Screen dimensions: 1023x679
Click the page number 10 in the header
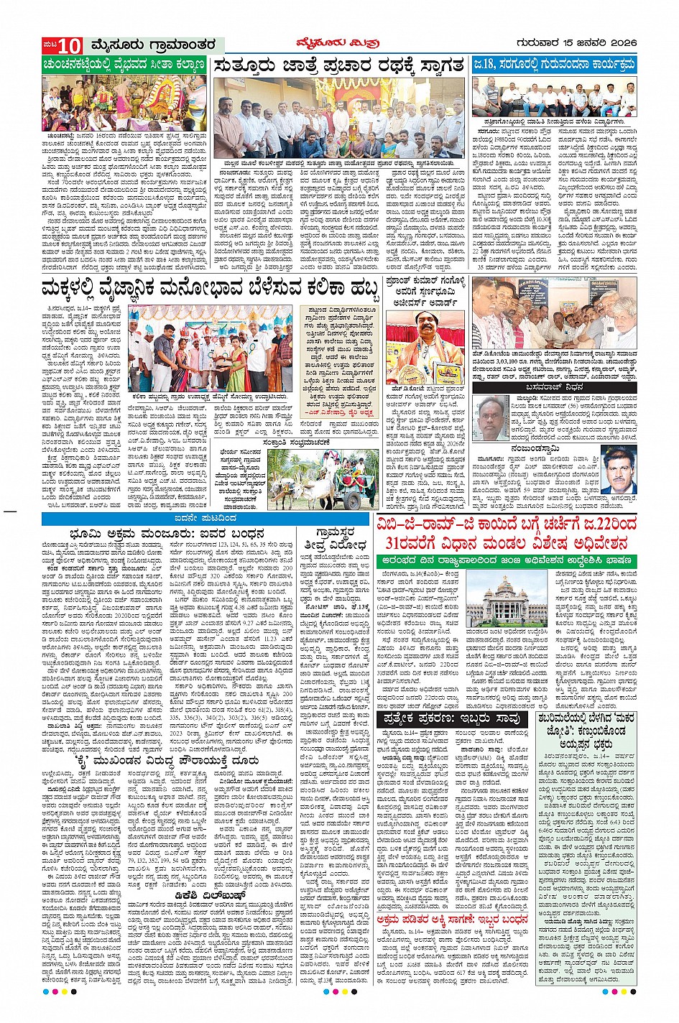[x=70, y=45]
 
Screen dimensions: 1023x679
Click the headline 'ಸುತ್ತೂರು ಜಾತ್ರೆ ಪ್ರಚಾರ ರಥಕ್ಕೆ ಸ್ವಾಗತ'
[x=339, y=65]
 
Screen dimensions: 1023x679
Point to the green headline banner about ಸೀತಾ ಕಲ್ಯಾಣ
[x=125, y=65]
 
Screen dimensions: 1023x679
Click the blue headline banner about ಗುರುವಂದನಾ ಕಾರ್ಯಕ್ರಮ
[x=554, y=65]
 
